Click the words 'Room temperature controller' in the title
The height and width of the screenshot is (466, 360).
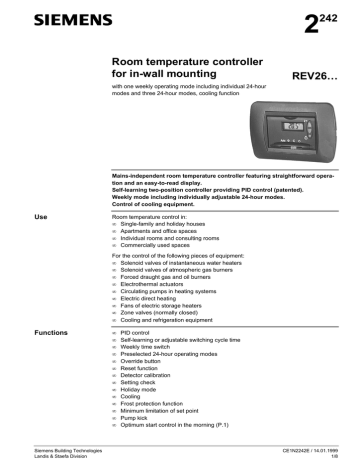coord(184,61)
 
